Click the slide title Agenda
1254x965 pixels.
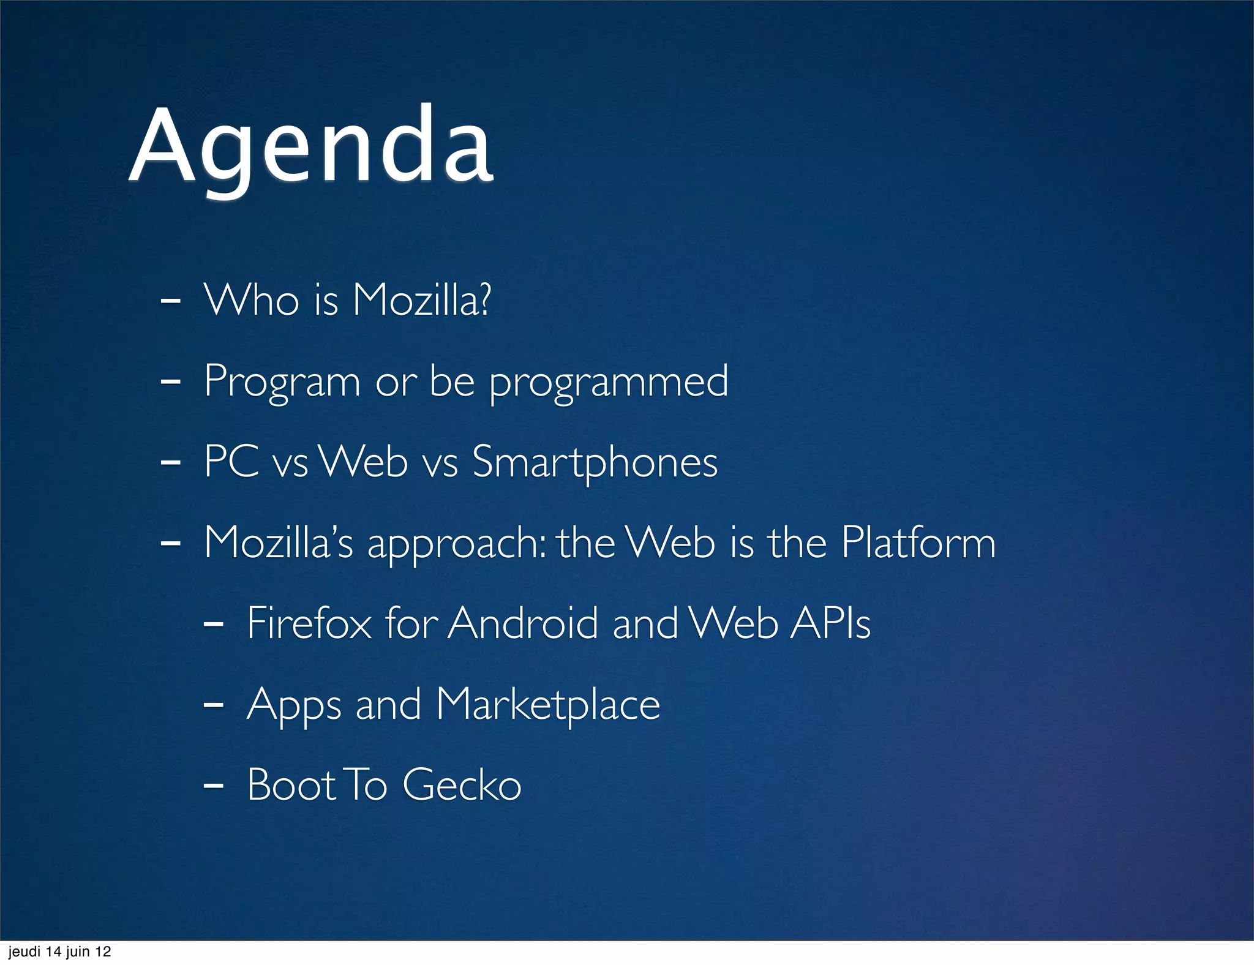(x=311, y=147)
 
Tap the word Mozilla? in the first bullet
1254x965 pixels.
(x=421, y=300)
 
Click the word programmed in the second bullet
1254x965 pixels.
(x=609, y=382)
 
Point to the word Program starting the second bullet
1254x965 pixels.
(x=282, y=382)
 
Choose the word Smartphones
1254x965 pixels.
(x=595, y=463)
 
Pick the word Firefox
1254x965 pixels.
(x=309, y=623)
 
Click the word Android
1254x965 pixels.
(x=523, y=623)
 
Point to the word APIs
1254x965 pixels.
(x=830, y=623)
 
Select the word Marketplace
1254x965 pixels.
(x=548, y=704)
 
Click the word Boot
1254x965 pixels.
(x=291, y=784)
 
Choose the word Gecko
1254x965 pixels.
(x=462, y=784)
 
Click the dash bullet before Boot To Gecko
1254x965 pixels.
(x=212, y=784)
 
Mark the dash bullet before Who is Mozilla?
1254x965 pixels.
(x=170, y=301)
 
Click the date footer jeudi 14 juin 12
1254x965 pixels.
(x=59, y=952)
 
